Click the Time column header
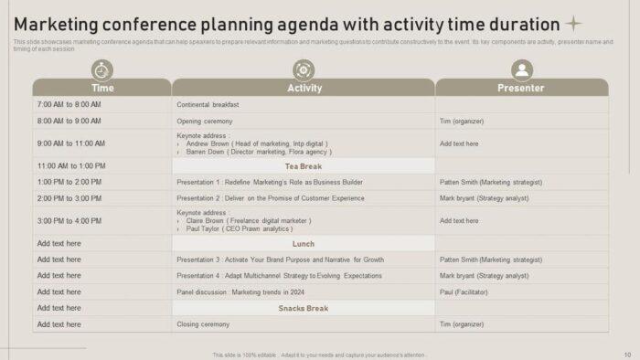point(102,88)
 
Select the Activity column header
point(304,88)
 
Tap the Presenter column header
point(521,88)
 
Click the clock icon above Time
point(102,69)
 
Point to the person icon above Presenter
point(522,69)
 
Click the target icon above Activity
point(304,69)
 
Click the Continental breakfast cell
point(208,104)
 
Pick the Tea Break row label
point(304,166)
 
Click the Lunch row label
point(304,244)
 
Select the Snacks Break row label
point(304,308)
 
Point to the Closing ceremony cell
point(203,324)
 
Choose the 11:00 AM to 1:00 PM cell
point(71,166)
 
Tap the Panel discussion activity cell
point(240,291)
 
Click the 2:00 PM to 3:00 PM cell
point(69,197)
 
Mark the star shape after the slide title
point(574,24)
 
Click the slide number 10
point(627,354)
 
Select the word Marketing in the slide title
point(61,25)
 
